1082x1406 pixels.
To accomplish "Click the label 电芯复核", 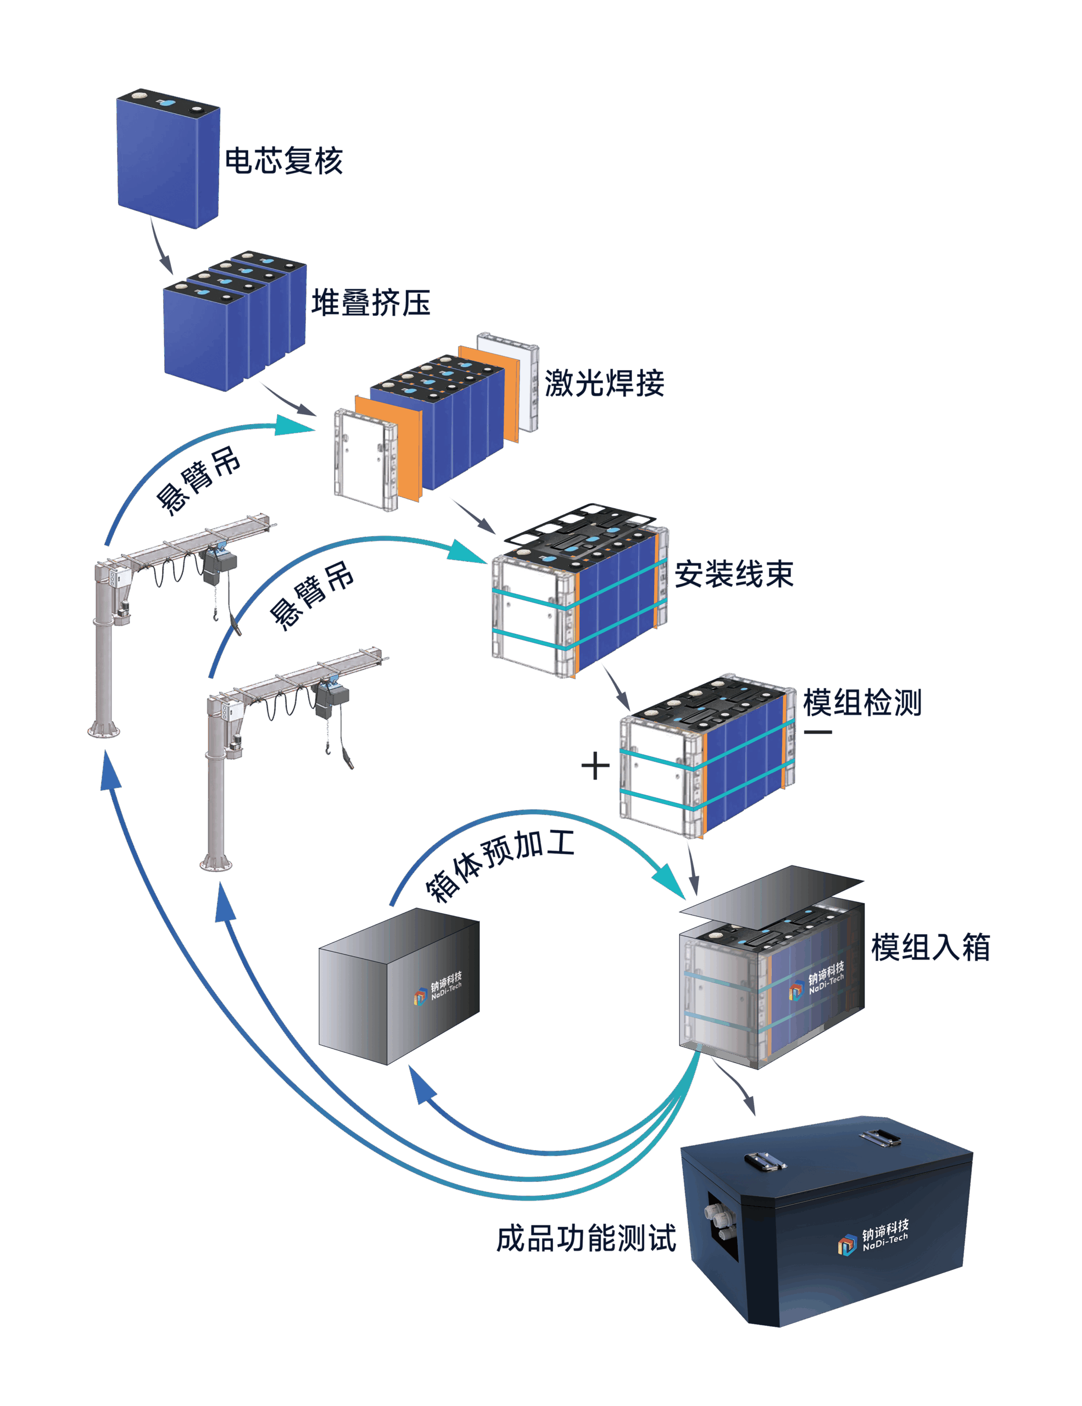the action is (x=283, y=160).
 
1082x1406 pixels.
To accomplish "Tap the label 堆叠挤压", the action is (x=371, y=303).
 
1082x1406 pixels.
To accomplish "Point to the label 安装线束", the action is (x=734, y=573).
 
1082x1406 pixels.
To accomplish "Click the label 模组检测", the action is (x=862, y=702).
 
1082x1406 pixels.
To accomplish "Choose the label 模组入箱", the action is (x=930, y=947).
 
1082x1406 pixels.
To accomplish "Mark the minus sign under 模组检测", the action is (x=818, y=732).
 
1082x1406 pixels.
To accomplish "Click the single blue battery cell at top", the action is (x=169, y=158).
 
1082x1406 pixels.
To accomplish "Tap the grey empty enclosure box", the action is (x=399, y=986).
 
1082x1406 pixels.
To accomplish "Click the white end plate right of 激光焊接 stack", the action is (x=508, y=382).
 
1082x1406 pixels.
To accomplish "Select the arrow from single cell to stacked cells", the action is (x=161, y=246).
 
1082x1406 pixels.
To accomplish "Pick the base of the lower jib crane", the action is (x=216, y=861).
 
